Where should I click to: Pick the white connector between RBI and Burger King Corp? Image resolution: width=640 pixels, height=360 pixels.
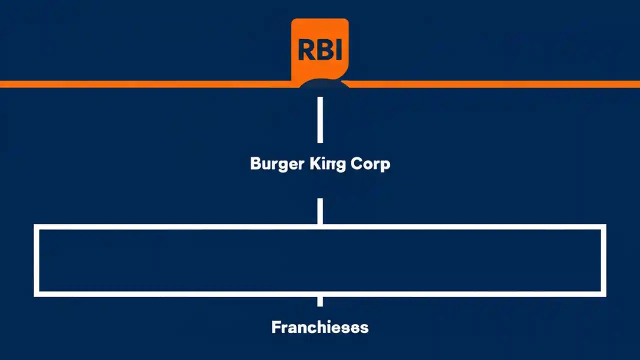320,120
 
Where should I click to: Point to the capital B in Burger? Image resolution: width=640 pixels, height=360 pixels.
255,163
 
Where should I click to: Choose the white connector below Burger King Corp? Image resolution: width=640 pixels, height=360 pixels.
320,211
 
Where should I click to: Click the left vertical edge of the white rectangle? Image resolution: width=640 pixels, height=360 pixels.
36,260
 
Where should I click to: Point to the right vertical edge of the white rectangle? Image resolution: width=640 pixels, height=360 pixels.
603,260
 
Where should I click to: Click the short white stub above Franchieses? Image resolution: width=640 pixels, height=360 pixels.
320,301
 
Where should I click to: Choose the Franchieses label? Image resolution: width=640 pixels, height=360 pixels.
320,327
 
